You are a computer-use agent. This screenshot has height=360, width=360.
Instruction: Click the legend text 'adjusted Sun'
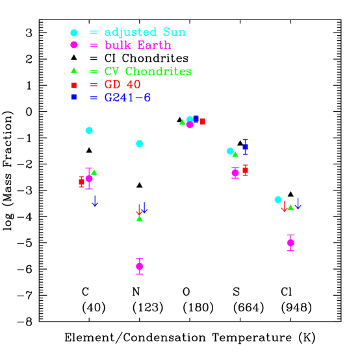click(145, 32)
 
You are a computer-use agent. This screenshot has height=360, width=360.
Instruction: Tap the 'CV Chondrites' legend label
click(148, 71)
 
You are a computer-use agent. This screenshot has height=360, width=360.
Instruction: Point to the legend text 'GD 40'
click(123, 84)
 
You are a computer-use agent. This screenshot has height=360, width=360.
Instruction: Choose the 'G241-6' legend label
click(127, 97)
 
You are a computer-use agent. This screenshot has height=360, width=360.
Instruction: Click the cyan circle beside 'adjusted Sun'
click(74, 32)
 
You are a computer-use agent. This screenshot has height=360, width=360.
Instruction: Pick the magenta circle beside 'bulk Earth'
click(74, 45)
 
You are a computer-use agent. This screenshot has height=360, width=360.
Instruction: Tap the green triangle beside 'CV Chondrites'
click(74, 70)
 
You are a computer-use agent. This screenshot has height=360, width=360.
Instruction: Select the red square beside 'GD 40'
click(74, 85)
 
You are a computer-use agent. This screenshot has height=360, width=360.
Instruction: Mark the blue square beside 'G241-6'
click(74, 97)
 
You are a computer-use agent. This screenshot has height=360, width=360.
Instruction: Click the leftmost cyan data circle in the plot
click(89, 131)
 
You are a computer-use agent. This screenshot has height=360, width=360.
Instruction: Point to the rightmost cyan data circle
click(278, 199)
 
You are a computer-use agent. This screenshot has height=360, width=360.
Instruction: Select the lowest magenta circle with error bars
click(139, 266)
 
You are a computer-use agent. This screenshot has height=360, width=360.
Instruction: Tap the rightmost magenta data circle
click(290, 242)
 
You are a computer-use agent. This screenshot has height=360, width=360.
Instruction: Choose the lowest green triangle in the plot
click(139, 218)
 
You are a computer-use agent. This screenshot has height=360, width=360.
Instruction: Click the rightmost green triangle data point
click(290, 207)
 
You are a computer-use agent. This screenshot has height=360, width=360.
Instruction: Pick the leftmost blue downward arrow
click(95, 201)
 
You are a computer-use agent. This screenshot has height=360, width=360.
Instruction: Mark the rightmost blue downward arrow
click(298, 204)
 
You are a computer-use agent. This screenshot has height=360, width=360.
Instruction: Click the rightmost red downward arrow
click(284, 207)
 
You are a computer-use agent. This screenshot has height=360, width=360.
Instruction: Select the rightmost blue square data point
click(245, 147)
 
